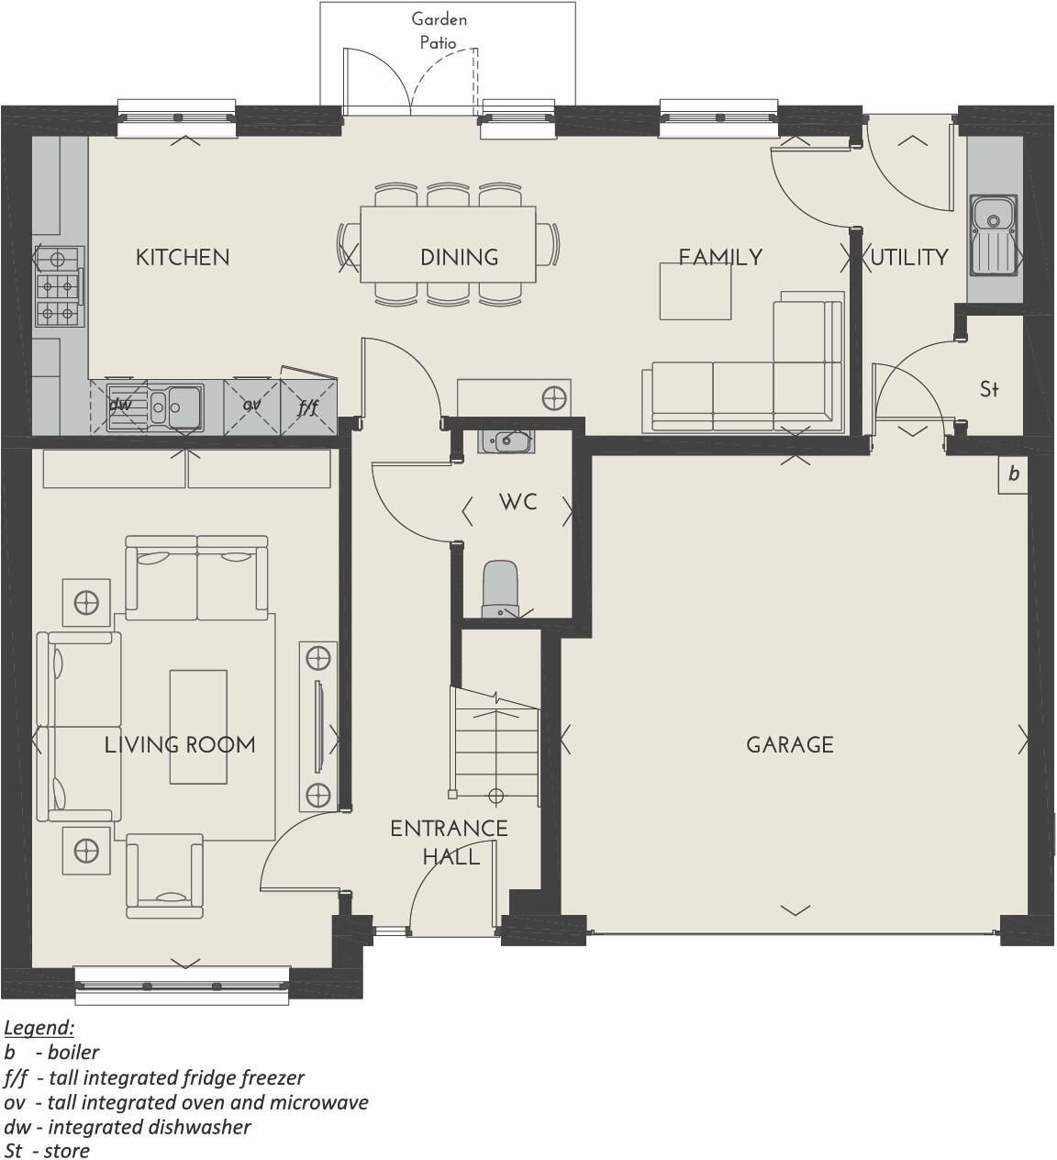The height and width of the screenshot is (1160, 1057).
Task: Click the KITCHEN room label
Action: click(183, 258)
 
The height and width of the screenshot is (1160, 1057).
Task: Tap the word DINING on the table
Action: click(459, 258)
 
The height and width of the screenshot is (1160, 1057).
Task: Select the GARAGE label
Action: click(790, 744)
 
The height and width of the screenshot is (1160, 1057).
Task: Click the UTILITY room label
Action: click(908, 258)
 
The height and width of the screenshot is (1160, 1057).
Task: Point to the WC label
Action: click(518, 502)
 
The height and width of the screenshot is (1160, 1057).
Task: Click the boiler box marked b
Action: click(1013, 474)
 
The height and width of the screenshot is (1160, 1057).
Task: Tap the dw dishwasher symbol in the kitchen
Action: click(119, 404)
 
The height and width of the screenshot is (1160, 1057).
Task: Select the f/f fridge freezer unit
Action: click(308, 405)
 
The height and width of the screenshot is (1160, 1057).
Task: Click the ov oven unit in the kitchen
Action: click(251, 404)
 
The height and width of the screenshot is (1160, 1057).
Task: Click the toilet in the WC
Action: click(501, 589)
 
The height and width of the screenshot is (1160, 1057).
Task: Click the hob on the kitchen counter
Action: click(57, 286)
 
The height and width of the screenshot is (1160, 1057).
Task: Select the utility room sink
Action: click(994, 234)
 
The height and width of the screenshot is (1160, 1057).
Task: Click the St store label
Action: click(989, 389)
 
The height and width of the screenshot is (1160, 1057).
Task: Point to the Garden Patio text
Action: click(439, 30)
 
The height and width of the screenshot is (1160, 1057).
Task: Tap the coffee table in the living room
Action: click(197, 727)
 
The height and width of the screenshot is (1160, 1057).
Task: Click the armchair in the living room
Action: click(164, 876)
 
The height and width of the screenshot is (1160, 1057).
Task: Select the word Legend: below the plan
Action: click(39, 1027)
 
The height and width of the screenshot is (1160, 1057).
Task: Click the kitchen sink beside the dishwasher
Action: click(174, 405)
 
